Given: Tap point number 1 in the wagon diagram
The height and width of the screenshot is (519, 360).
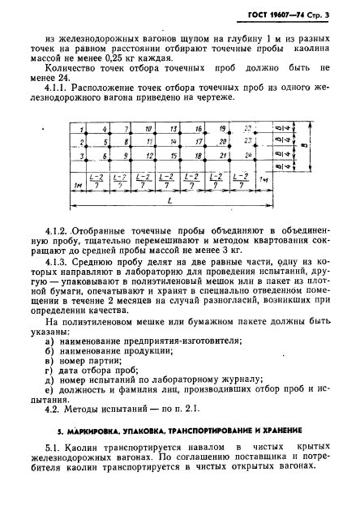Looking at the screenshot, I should point(83,130).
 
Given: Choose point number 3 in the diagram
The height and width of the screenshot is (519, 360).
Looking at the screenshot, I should point(83,154).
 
